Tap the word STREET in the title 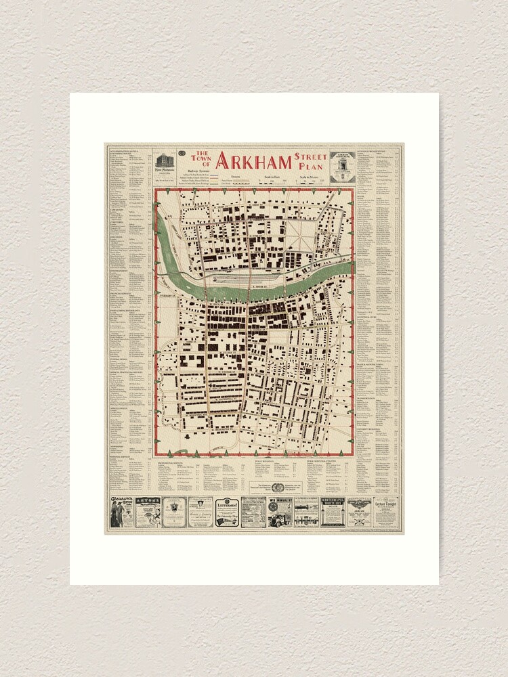tap(310, 156)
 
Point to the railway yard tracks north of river tap(230, 276)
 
